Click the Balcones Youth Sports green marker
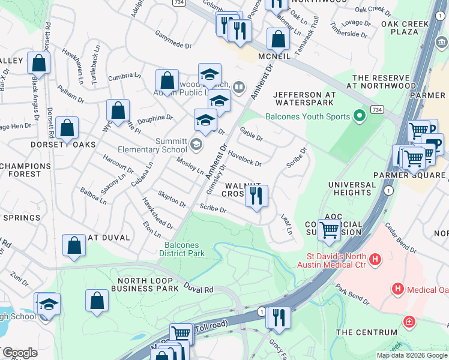360,115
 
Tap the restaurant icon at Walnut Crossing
256,196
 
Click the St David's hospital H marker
375,260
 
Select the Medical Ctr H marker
397,290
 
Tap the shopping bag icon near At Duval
74,245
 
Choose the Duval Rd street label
199,288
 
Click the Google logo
19,353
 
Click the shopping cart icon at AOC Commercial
329,230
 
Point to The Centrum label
367,332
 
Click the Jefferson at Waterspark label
312,98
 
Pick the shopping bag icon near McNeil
278,40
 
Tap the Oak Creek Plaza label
408,28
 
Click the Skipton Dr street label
172,199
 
